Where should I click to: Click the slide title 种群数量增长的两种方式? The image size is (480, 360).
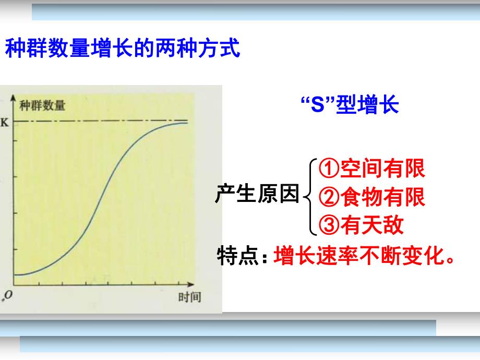coord(122,50)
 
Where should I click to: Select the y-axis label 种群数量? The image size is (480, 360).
coord(42,106)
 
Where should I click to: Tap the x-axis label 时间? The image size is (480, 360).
coord(189,297)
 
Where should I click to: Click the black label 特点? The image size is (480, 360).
coord(238,256)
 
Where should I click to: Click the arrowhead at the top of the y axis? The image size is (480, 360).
coord(14,98)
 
